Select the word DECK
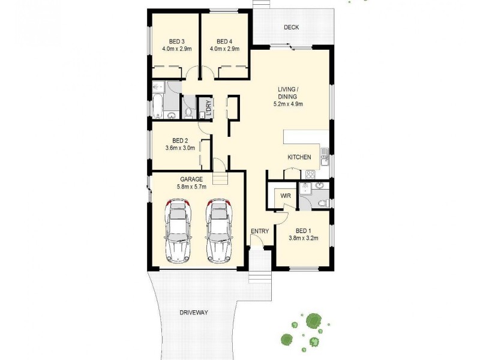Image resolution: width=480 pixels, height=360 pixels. pyautogui.click(x=292, y=28)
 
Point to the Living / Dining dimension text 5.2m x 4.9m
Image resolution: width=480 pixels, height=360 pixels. pyautogui.click(x=288, y=104)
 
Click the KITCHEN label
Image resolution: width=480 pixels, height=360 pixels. pyautogui.click(x=299, y=157)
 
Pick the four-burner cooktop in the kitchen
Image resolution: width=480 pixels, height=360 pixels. pyautogui.click(x=311, y=175)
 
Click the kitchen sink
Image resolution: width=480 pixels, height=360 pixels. pyautogui.click(x=324, y=160)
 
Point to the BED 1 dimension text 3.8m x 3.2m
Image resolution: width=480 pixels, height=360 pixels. pyautogui.click(x=302, y=238)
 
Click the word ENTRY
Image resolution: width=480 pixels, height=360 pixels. pyautogui.click(x=260, y=231)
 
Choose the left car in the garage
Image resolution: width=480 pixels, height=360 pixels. pyautogui.click(x=178, y=231)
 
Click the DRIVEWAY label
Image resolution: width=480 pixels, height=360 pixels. pyautogui.click(x=193, y=313)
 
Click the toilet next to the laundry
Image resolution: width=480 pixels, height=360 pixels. pyautogui.click(x=188, y=112)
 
